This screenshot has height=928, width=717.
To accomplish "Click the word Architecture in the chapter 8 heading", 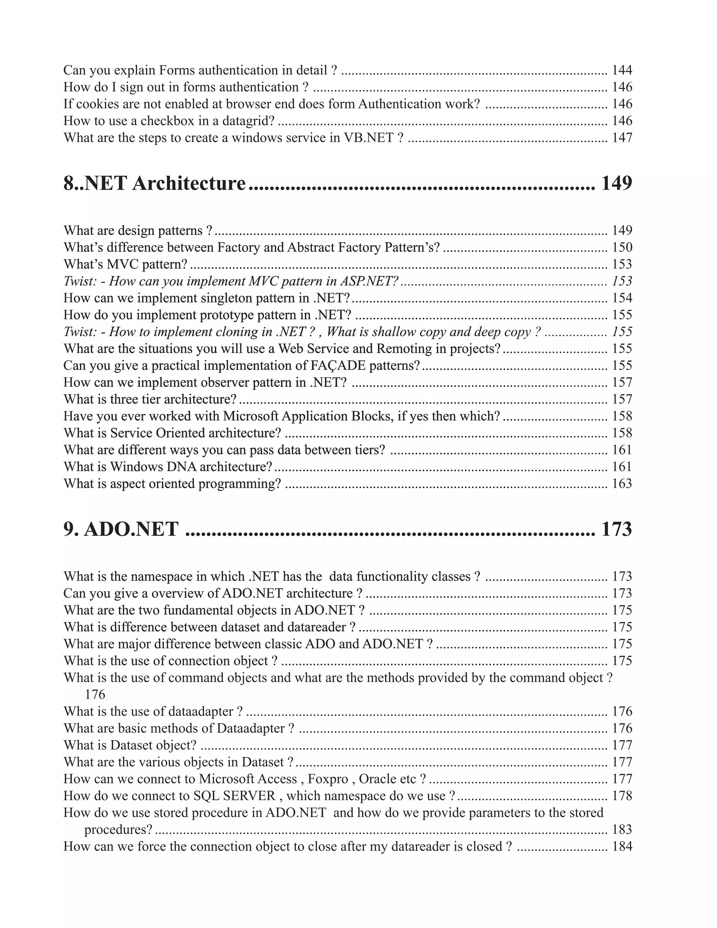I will [189, 183].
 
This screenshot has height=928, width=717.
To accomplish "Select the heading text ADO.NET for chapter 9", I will [131, 529].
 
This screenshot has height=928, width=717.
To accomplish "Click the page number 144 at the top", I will [622, 70].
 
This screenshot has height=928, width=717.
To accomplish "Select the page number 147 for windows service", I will [622, 138].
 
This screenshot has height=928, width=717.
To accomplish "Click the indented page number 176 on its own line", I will [95, 695].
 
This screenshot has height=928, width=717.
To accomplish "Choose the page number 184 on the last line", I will [622, 846].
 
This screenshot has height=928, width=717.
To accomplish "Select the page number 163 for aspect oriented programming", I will [622, 484].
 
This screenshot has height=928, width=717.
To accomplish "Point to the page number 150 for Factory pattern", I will [622, 247].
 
